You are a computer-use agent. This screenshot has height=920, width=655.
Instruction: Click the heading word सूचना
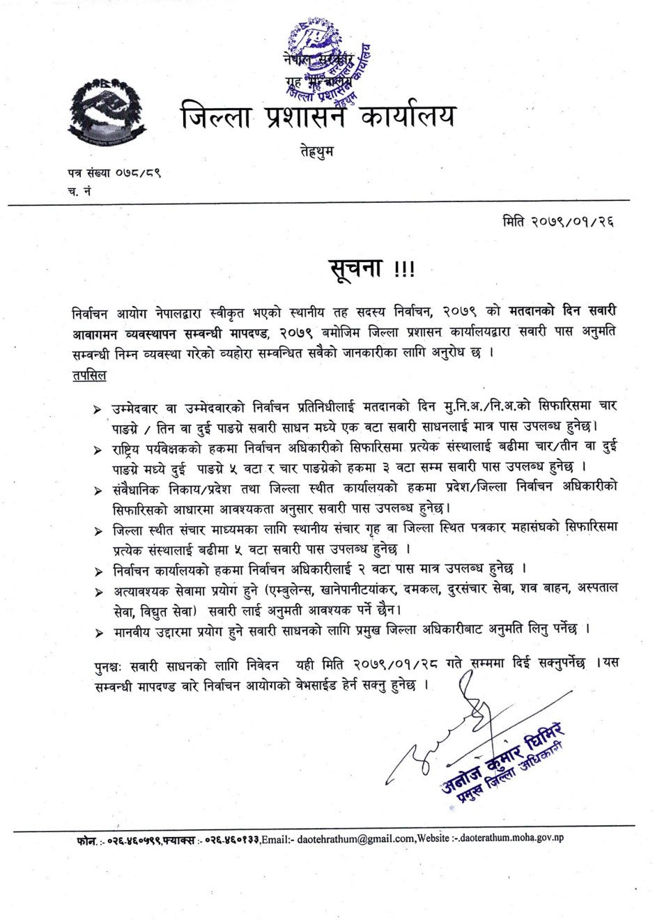(355, 268)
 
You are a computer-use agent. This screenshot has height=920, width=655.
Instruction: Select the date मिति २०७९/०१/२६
(558, 222)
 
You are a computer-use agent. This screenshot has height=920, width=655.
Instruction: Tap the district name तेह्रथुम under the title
(316, 151)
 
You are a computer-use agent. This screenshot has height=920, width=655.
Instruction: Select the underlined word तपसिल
(89, 375)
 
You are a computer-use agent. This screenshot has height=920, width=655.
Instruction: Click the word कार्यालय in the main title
(408, 116)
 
